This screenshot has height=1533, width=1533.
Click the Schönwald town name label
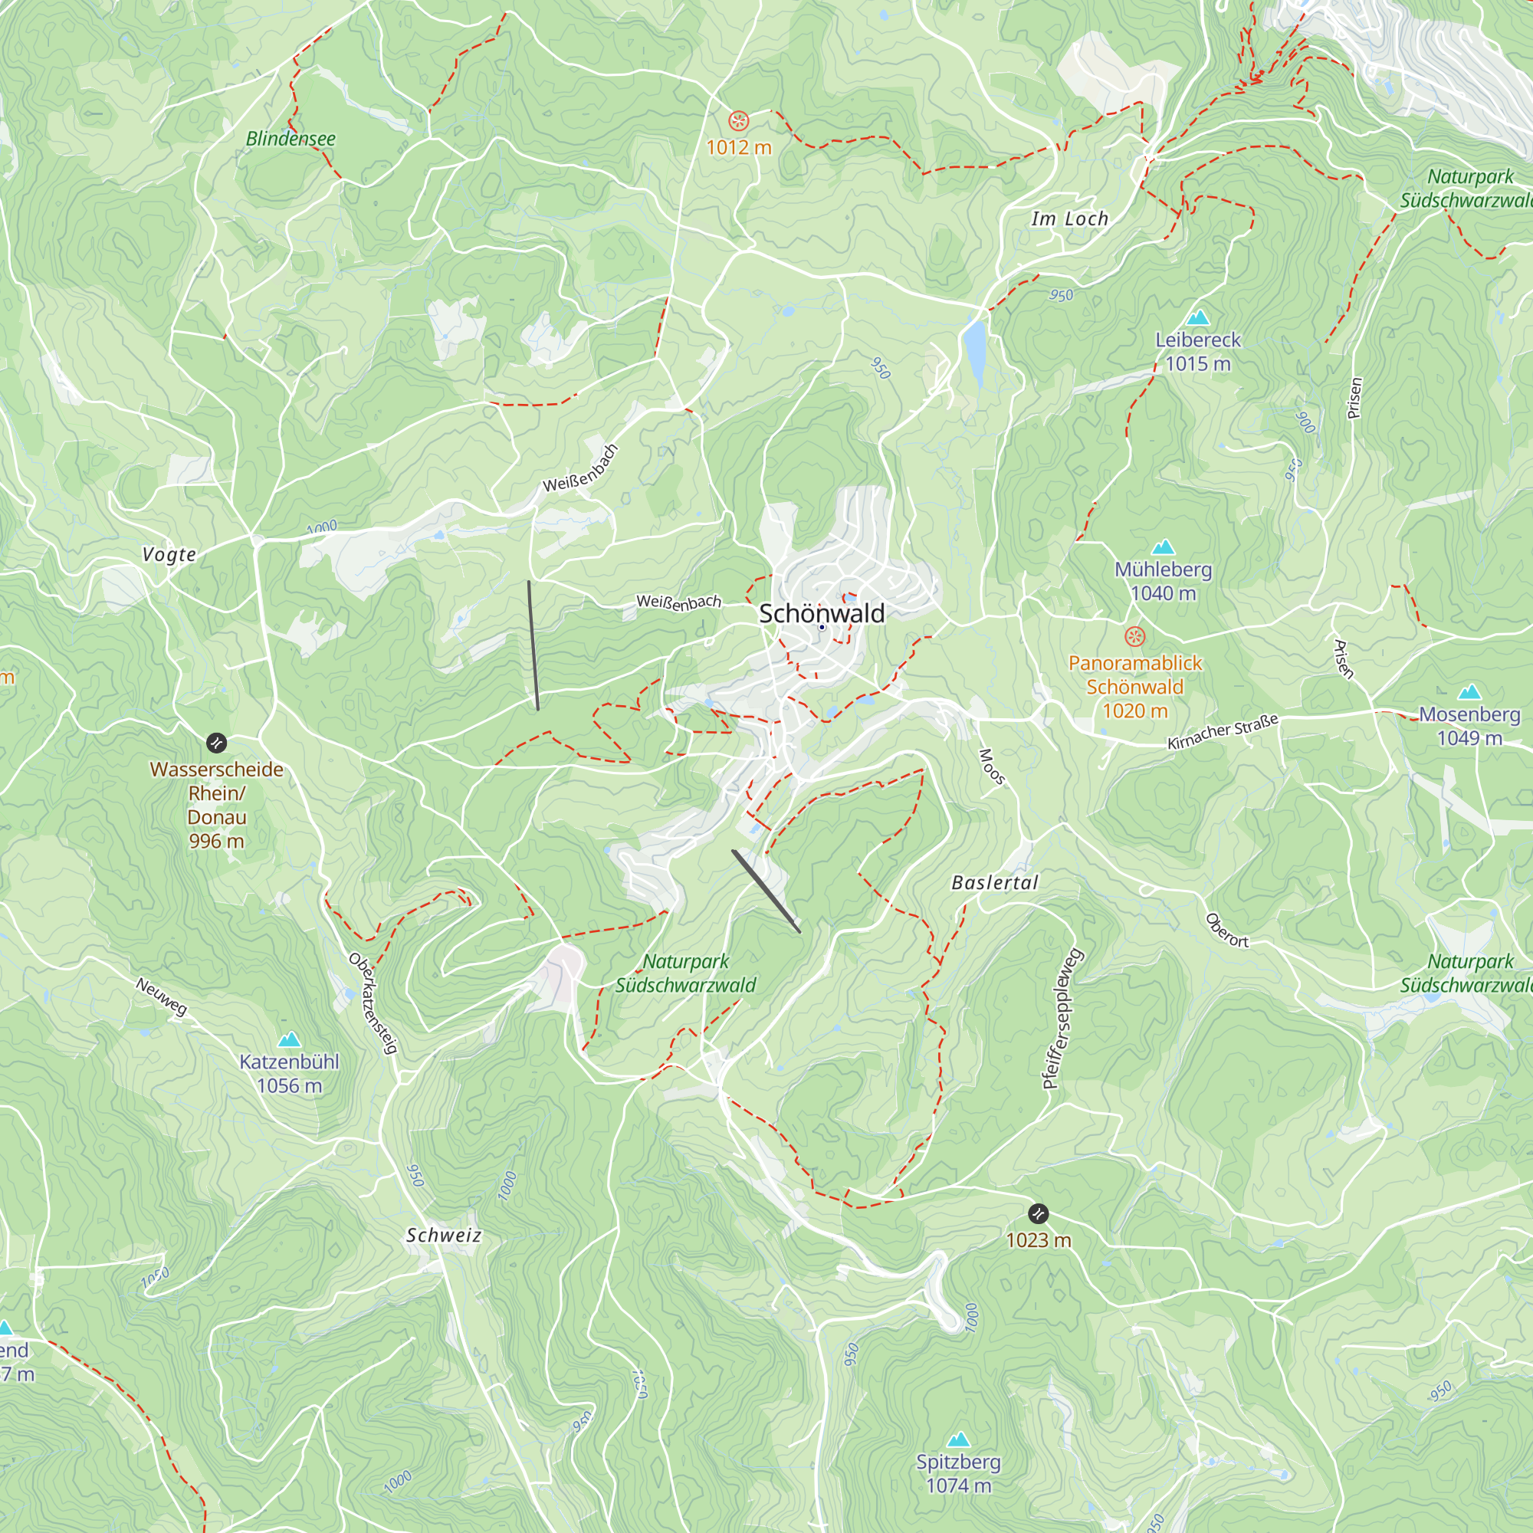pyautogui.click(x=821, y=613)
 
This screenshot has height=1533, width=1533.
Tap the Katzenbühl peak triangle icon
pyautogui.click(x=290, y=1039)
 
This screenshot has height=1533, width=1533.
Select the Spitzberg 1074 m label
pyautogui.click(x=959, y=1473)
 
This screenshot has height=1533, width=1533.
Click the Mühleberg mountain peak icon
pyautogui.click(x=1163, y=547)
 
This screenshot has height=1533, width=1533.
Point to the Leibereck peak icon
pyautogui.click(x=1197, y=317)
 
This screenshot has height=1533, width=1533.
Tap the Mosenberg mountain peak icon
pyautogui.click(x=1469, y=691)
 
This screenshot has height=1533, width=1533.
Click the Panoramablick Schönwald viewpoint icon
pyautogui.click(x=1134, y=636)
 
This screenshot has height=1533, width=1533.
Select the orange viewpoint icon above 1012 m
pyautogui.click(x=739, y=121)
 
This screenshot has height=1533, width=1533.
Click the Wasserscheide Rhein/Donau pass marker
pyautogui.click(x=216, y=743)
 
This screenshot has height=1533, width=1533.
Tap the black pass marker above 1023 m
pyautogui.click(x=1038, y=1213)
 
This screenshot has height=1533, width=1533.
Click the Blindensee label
pyautogui.click(x=291, y=139)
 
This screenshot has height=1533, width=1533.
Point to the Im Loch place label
pyautogui.click(x=1069, y=219)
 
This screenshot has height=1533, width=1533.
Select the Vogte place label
pyautogui.click(x=169, y=554)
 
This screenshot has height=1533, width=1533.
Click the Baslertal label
pyautogui.click(x=994, y=882)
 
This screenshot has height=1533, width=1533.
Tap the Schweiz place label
pyautogui.click(x=444, y=1235)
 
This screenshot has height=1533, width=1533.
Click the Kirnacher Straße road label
pyautogui.click(x=1222, y=730)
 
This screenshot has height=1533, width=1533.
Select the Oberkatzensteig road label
pyautogui.click(x=373, y=1003)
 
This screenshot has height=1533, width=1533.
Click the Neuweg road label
pyautogui.click(x=162, y=996)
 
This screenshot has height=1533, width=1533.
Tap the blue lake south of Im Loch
pyautogui.click(x=973, y=347)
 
